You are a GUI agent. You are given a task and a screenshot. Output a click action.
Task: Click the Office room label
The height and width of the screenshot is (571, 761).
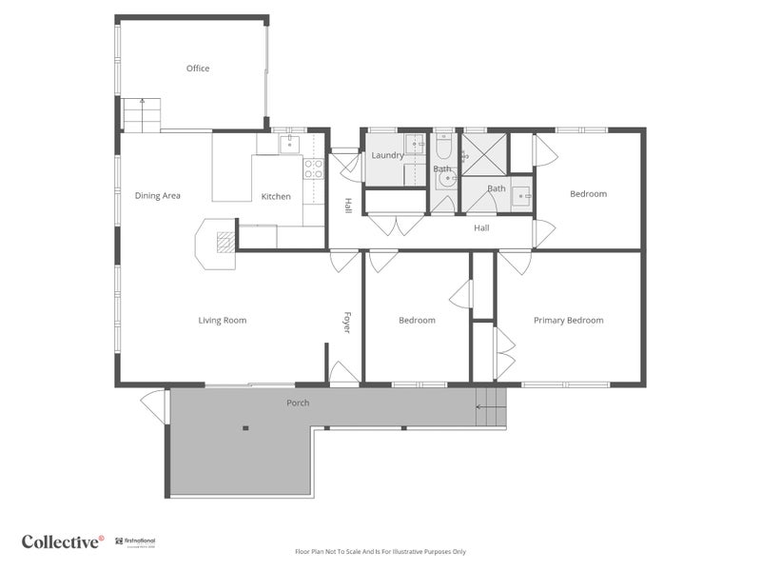tap(198, 69)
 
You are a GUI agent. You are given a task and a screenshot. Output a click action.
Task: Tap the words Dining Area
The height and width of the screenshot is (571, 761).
tap(158, 196)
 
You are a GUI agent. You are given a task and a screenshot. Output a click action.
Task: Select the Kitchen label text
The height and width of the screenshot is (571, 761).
tap(276, 197)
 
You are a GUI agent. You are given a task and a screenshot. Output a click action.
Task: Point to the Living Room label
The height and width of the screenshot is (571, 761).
tap(223, 321)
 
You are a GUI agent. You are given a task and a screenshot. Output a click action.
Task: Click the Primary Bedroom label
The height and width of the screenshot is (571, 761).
tap(568, 321)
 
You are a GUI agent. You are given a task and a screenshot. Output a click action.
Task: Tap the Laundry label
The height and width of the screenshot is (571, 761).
tap(387, 155)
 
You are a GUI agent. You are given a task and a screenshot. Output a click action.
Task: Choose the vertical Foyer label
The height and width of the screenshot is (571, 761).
tap(347, 323)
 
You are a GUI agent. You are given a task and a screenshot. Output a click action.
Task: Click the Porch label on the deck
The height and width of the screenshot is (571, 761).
tap(298, 403)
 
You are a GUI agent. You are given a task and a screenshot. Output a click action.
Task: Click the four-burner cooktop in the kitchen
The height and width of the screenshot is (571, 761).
tap(313, 168)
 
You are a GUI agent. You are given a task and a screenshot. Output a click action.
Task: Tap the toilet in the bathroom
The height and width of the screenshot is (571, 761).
tap(444, 148)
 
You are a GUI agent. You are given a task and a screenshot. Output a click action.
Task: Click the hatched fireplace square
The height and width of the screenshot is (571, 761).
tap(225, 243)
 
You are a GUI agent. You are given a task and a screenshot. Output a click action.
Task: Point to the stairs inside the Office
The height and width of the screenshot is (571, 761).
tap(141, 114)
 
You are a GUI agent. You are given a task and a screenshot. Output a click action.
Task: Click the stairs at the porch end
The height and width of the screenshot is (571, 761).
tap(491, 407)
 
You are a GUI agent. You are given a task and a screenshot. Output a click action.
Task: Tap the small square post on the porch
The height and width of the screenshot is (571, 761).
tap(245, 428)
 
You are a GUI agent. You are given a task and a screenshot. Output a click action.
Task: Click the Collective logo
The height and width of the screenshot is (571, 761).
tap(63, 542)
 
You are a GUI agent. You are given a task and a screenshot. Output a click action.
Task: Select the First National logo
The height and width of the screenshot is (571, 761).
tap(140, 542)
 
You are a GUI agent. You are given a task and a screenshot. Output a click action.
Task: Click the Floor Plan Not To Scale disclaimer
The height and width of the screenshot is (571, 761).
tap(380, 551)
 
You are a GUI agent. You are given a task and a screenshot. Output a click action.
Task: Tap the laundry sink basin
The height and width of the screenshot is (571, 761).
tap(414, 146)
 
